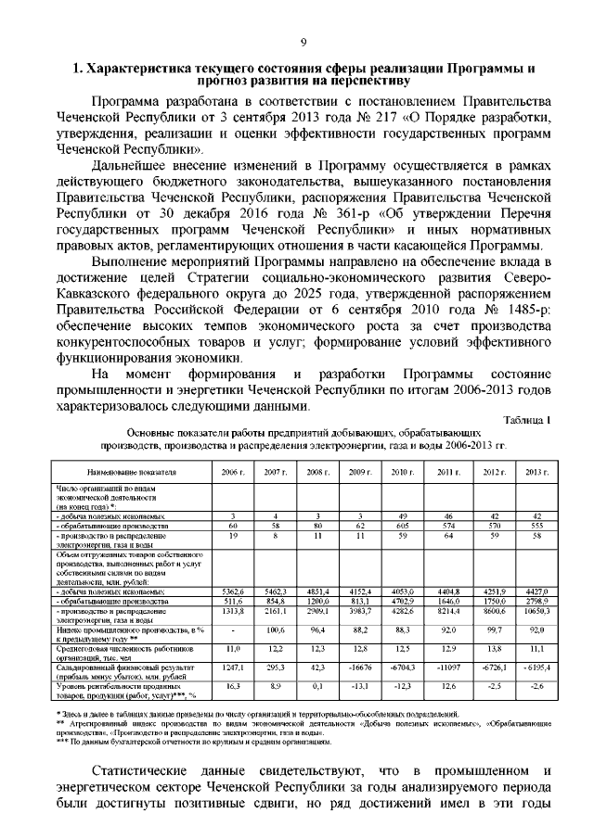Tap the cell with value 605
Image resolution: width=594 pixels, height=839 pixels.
pyautogui.click(x=401, y=526)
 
